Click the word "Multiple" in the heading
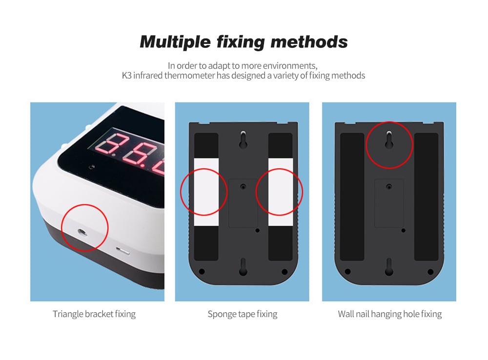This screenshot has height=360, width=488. click(175, 42)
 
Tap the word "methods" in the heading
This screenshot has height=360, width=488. click(309, 41)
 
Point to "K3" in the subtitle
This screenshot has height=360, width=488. click(127, 76)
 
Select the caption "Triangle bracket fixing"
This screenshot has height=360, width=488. click(94, 314)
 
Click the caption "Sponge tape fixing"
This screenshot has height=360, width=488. click(243, 314)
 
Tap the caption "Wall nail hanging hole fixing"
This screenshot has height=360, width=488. click(389, 314)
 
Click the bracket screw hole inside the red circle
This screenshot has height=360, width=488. click(82, 232)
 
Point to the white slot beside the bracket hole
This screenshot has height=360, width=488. click(122, 250)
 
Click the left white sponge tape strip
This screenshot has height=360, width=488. click(206, 192)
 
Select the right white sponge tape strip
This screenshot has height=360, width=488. click(281, 192)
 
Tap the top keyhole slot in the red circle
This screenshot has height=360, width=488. click(389, 140)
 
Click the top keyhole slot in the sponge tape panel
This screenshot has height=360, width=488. click(243, 140)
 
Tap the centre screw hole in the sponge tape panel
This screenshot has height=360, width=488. click(243, 187)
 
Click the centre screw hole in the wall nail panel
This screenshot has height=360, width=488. click(389, 187)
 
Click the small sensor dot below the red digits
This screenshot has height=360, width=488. click(92, 167)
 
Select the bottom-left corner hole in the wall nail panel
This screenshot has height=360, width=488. click(347, 272)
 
